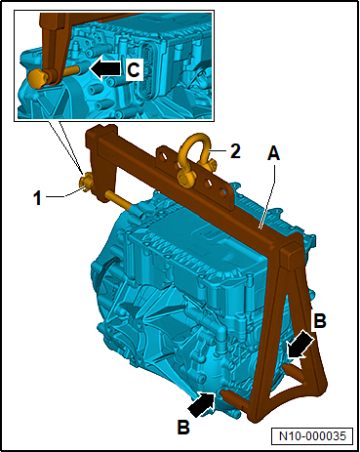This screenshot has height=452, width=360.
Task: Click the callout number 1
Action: (x=38, y=198)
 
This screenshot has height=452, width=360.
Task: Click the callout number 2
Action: (x=235, y=151)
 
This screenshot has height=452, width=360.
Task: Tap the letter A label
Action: (x=273, y=153)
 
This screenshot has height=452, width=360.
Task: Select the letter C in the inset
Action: (x=134, y=69)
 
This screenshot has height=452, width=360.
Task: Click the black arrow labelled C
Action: (x=105, y=68)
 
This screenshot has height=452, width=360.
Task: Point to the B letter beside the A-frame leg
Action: (x=319, y=321)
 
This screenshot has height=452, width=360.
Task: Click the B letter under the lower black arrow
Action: (x=183, y=427)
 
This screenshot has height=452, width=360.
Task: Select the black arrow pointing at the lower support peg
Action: (x=202, y=403)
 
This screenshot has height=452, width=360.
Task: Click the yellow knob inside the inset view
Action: (x=38, y=79)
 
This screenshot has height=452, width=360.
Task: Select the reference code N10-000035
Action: (x=312, y=436)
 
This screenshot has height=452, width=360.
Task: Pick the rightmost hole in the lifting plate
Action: (x=221, y=191)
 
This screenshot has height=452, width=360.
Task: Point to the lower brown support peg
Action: (x=232, y=399)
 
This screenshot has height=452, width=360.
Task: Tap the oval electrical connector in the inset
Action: (x=146, y=71)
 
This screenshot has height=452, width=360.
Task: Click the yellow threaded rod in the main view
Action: (x=118, y=199)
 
